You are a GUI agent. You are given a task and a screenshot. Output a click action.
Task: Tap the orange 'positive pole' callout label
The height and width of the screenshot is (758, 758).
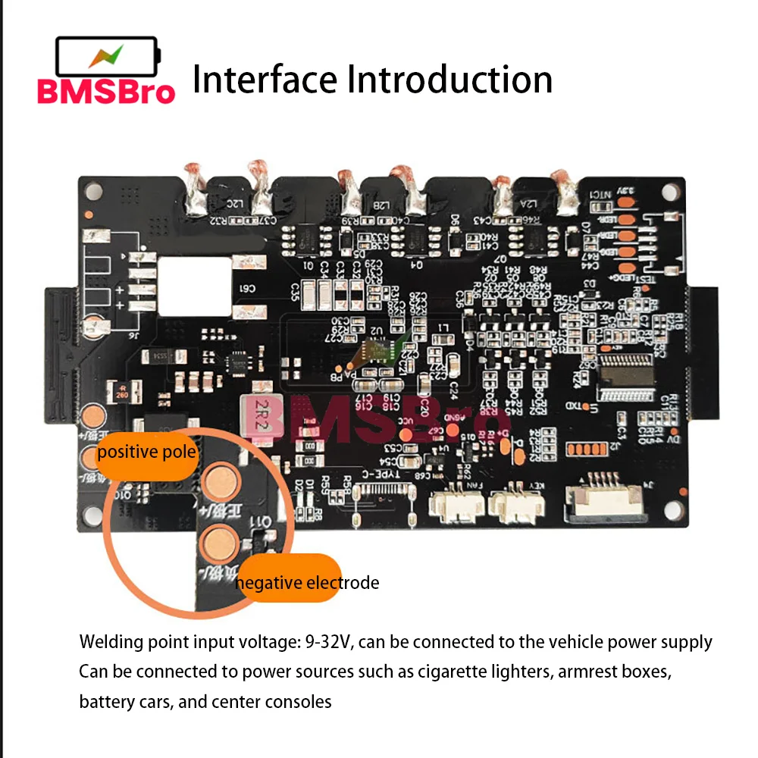tap(147, 453)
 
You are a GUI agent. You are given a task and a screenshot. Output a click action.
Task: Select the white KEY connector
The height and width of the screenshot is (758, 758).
tap(516, 503)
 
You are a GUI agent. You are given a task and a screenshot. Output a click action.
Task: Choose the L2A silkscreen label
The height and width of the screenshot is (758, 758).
tap(529, 202)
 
